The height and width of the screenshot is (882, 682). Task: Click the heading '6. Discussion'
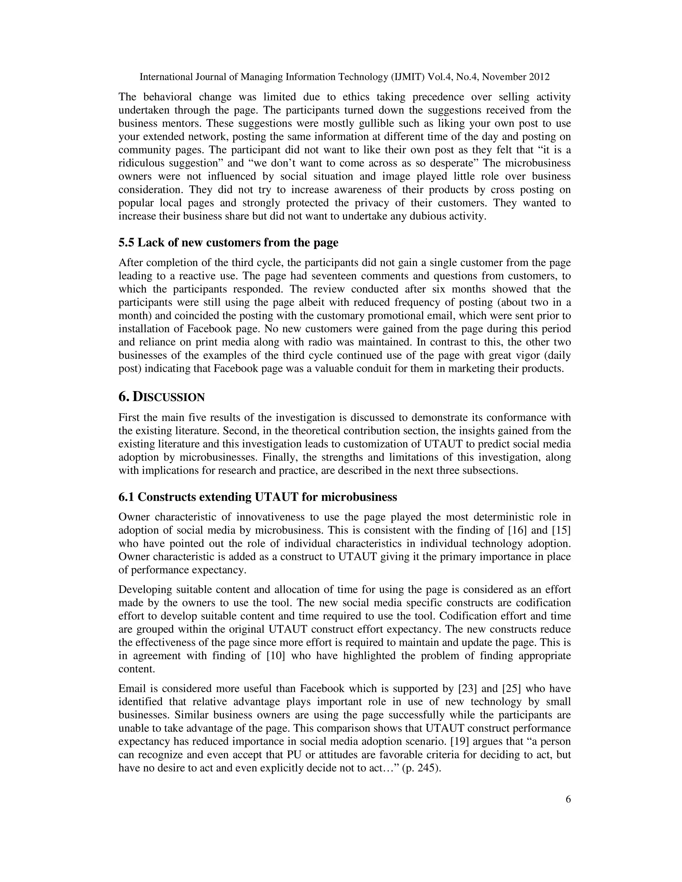(161, 397)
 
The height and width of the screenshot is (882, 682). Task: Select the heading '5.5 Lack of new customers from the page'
(228, 243)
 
